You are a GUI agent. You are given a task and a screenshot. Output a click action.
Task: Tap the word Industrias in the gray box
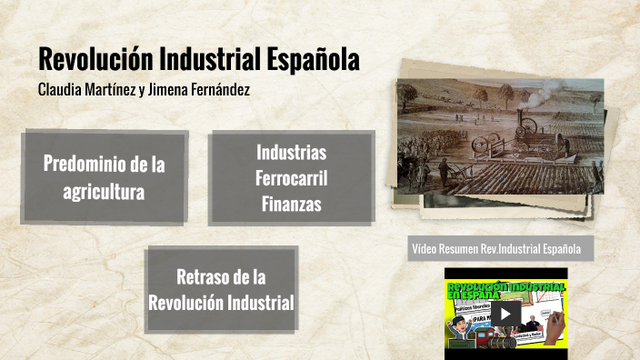(x=291, y=152)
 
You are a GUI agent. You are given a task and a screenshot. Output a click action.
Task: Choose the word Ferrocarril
(x=291, y=177)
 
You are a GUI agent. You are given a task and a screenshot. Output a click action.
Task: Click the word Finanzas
(x=291, y=204)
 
